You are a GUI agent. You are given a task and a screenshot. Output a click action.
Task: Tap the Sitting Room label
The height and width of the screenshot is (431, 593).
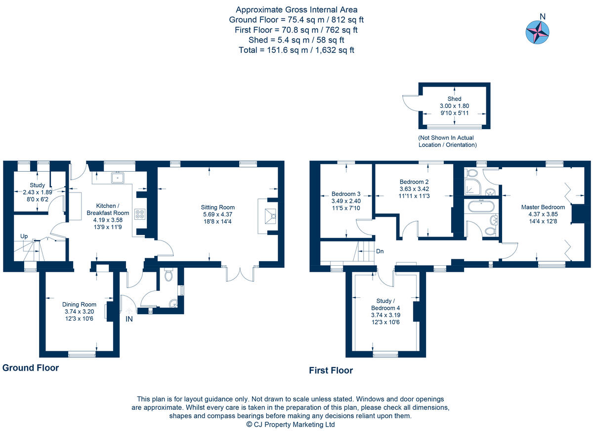217,207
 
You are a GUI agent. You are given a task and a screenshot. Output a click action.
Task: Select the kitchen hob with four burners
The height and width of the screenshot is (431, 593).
140,214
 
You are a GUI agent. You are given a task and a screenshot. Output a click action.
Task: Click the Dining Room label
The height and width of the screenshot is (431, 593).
79,304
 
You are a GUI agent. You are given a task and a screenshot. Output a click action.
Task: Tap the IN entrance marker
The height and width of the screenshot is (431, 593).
128,319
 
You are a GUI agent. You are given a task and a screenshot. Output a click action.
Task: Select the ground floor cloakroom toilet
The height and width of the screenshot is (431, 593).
168,276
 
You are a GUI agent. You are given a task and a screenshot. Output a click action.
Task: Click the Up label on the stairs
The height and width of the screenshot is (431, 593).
24,236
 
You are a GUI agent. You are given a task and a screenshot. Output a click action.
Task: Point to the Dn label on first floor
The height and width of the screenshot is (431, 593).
380,251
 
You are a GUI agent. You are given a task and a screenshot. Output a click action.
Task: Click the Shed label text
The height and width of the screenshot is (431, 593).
454,98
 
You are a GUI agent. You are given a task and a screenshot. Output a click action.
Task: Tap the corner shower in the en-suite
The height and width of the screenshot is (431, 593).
470,187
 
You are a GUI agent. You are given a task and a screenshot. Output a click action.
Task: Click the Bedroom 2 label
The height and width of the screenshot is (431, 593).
414,182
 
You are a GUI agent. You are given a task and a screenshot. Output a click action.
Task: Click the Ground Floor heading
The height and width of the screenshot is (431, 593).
31,368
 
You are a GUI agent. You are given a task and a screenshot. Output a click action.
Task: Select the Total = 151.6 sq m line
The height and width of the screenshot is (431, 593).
296,50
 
